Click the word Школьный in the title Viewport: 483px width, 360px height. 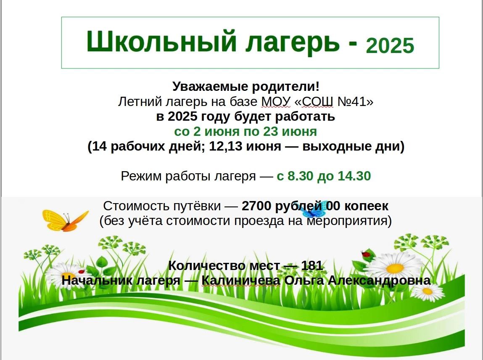[161, 42]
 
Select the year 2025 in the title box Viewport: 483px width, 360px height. [390, 45]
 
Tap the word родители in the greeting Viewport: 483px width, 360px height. [285, 86]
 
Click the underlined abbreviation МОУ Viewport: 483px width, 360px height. [276, 101]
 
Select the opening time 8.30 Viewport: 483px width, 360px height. [298, 176]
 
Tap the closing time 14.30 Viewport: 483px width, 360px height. [354, 176]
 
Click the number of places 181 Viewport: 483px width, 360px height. [312, 265]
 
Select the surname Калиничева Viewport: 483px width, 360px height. [241, 281]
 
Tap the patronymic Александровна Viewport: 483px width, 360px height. [379, 281]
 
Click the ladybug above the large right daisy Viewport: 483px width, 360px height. [366, 254]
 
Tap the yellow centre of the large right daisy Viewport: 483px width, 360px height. [395, 268]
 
